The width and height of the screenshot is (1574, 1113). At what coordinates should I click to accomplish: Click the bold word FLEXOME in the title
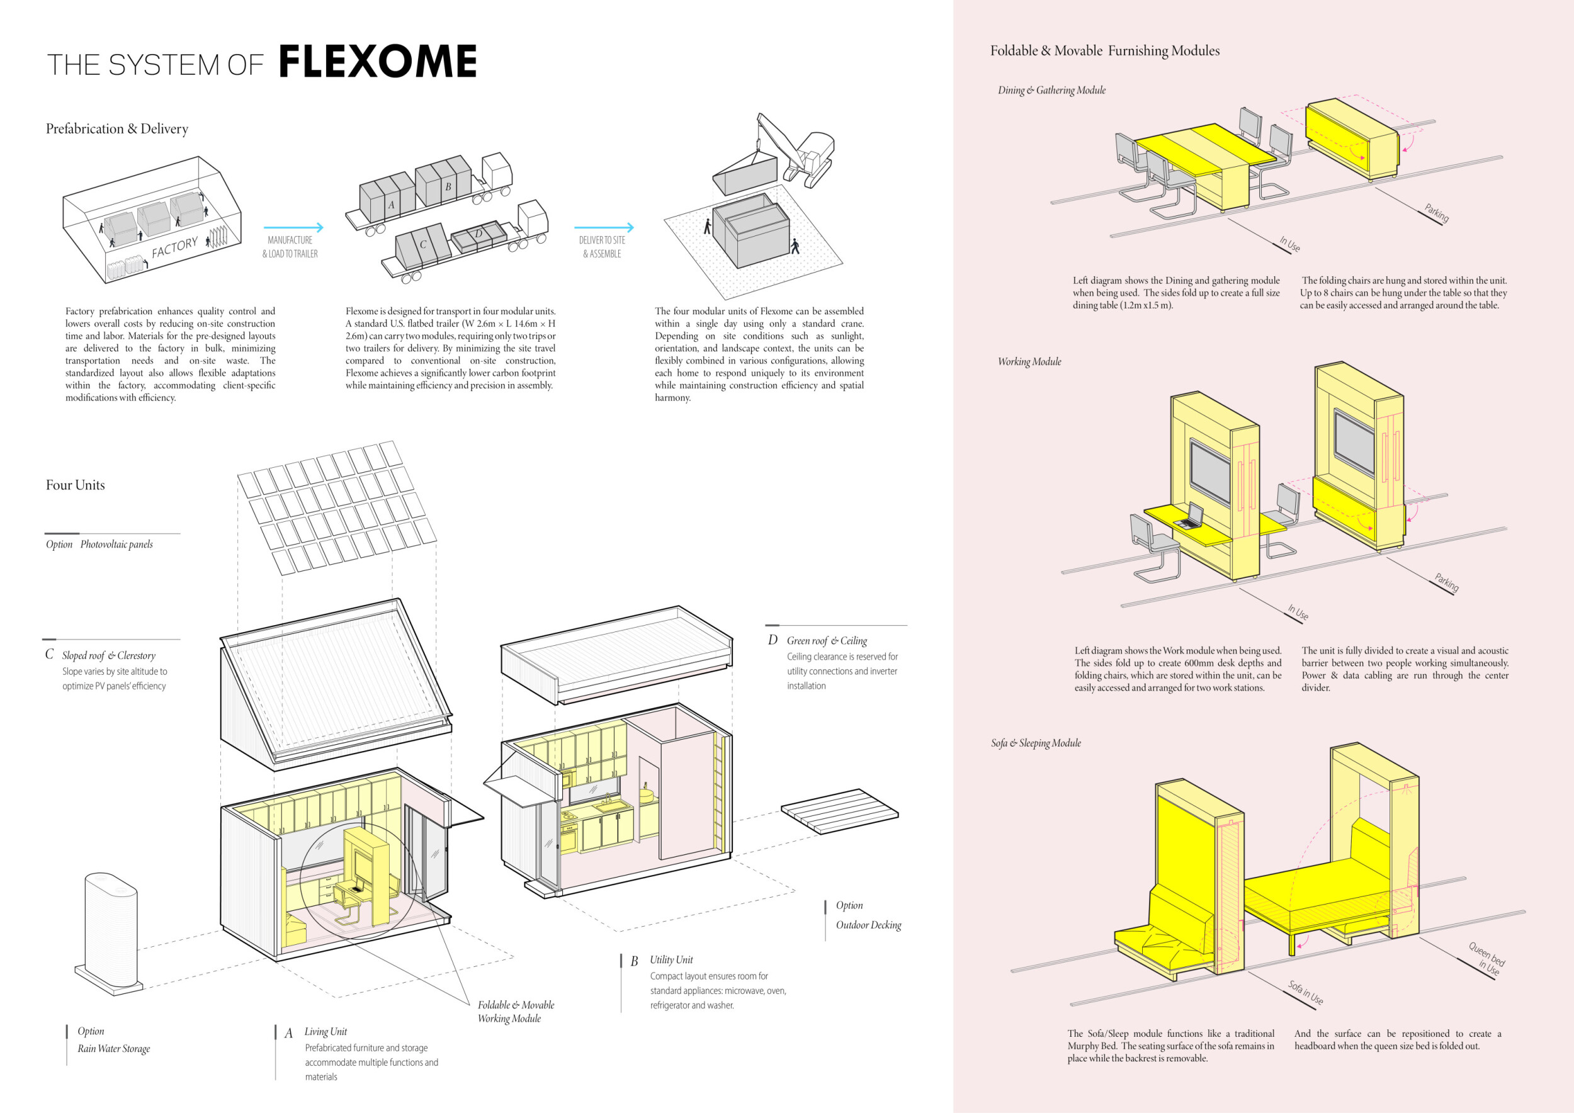tap(377, 62)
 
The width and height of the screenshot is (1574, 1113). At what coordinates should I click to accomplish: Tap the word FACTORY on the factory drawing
tap(174, 247)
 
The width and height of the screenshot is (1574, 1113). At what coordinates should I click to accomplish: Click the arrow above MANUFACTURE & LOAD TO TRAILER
tap(293, 227)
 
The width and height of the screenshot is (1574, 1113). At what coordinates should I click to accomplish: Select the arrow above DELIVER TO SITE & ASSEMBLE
tap(603, 227)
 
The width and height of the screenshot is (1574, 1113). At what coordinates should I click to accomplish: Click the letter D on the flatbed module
tap(478, 234)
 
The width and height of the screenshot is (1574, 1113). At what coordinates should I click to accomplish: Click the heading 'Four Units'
tap(76, 485)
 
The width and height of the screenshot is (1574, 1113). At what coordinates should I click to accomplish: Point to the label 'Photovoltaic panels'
tap(116, 545)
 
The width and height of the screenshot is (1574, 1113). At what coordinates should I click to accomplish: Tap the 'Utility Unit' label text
tap(671, 959)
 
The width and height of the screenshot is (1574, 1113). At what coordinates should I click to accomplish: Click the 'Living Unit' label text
tap(326, 1031)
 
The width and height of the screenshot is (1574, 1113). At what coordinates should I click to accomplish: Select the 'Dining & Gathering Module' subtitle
tap(1051, 91)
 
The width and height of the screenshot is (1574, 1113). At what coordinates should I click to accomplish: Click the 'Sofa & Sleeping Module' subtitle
tap(1036, 743)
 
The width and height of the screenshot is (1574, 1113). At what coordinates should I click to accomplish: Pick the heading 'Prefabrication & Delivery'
tap(117, 129)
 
